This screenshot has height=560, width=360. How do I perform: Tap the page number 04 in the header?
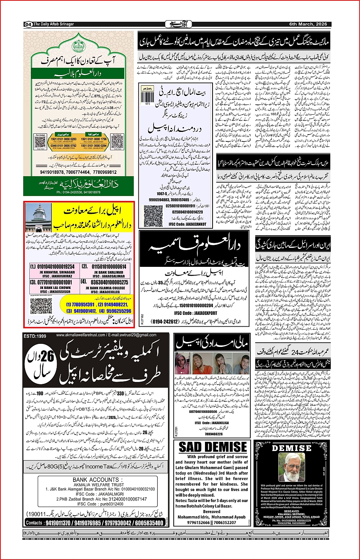coord(28,24)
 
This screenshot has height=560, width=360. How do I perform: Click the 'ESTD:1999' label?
coord(35,336)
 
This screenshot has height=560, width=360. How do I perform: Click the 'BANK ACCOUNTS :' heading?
coord(96,480)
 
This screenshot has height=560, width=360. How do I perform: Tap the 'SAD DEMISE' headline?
coord(213,447)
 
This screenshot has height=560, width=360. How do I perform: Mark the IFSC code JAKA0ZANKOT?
coord(187,225)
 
